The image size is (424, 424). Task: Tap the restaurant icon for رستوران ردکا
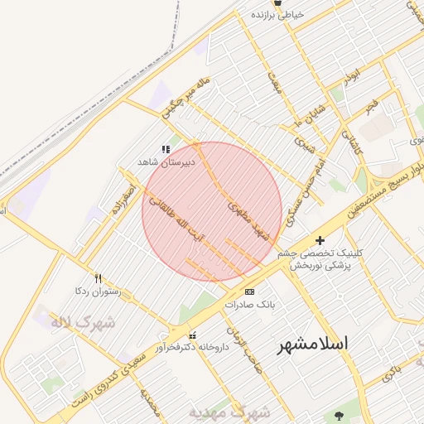coord(99,278)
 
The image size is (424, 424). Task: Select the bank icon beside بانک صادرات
coord(249,291)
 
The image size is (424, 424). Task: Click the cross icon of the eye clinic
coord(320,240)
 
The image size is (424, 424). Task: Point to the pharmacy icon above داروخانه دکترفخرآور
coord(192,335)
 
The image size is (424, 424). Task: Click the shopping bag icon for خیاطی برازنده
coord(255,14)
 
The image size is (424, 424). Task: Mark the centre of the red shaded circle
coord(212,211)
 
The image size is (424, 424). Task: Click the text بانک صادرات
coord(248,305)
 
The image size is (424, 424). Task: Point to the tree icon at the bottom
coord(337,415)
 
